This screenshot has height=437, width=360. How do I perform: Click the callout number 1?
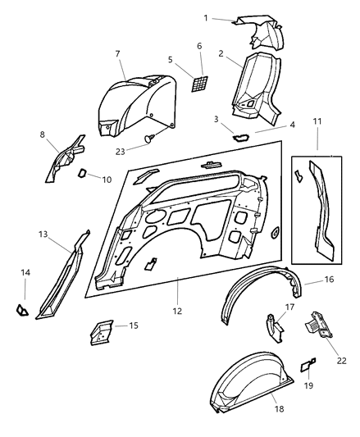[206, 17]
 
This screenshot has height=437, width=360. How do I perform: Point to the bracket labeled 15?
[102, 332]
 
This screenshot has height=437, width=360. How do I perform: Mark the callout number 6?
[198, 46]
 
